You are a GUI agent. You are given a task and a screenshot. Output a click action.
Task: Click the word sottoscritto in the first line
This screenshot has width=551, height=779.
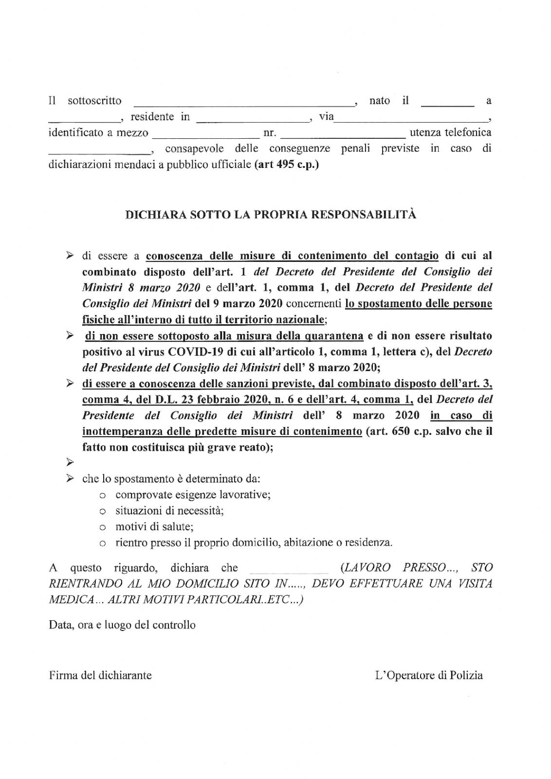click(x=94, y=101)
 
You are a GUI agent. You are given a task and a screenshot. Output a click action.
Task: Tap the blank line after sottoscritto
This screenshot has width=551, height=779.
click(x=243, y=103)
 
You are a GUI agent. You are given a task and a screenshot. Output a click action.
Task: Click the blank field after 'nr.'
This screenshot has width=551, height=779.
click(x=342, y=135)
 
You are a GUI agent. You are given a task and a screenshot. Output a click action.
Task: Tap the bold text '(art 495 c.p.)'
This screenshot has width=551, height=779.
click(x=286, y=165)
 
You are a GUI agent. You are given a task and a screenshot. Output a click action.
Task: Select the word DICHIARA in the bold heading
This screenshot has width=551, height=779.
click(x=152, y=215)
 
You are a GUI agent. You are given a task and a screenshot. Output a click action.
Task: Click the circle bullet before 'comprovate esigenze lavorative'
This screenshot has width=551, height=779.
click(x=102, y=496)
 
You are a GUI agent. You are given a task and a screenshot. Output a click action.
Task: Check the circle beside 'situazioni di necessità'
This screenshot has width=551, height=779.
click(x=102, y=512)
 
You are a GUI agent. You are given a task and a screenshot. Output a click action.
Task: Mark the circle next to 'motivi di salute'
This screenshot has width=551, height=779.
click(x=102, y=527)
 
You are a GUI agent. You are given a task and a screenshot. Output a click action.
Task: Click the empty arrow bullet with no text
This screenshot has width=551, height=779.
click(x=70, y=462)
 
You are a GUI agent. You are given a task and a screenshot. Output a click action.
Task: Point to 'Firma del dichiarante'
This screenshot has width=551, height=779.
click(x=100, y=675)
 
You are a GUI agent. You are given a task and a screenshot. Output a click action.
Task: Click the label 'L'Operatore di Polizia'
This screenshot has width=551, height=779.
click(x=429, y=675)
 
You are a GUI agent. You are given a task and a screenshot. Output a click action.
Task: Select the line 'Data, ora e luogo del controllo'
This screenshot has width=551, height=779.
click(x=122, y=625)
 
